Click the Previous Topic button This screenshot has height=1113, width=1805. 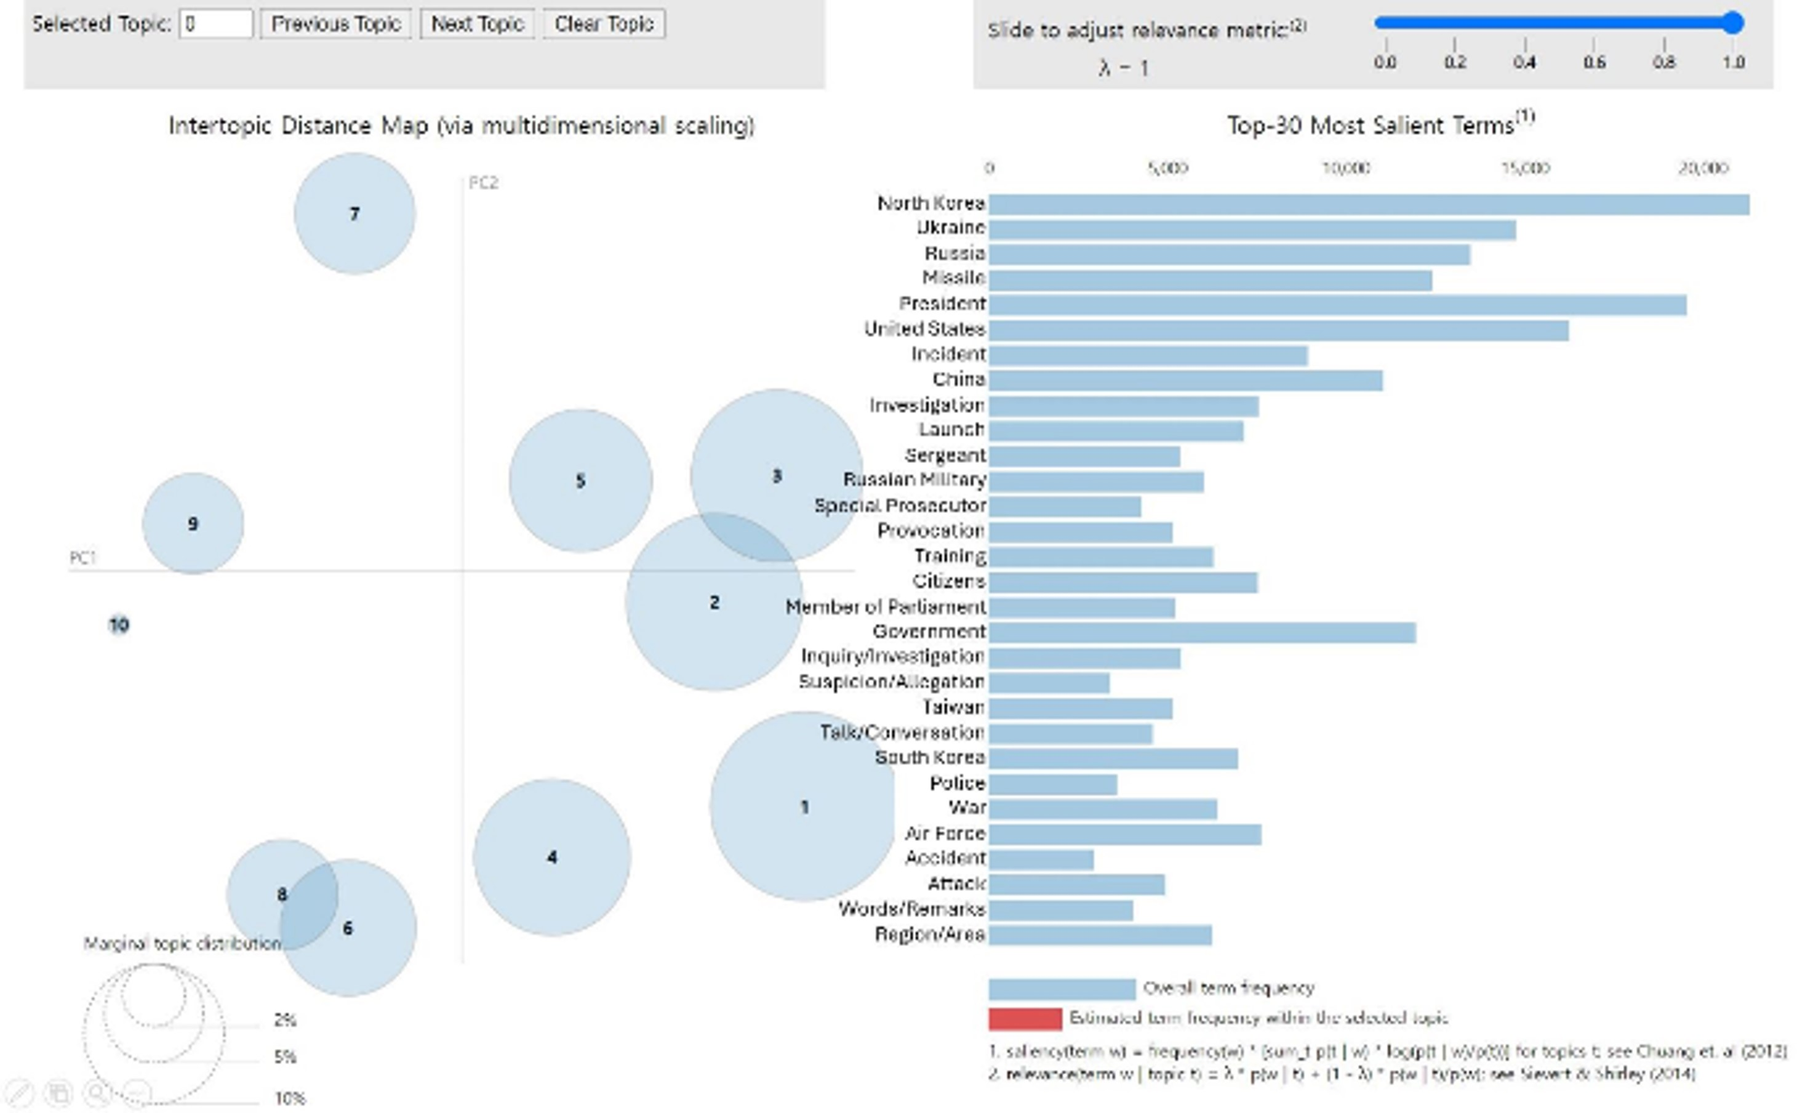tap(335, 24)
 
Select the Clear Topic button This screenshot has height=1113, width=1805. tap(603, 24)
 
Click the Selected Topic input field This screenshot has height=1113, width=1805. tap(215, 24)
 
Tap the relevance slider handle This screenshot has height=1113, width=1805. tap(1733, 23)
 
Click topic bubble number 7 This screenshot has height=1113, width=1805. tap(354, 214)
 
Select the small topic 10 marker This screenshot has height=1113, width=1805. tap(119, 624)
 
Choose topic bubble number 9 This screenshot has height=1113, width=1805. tap(193, 523)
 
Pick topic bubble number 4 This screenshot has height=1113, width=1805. tap(552, 857)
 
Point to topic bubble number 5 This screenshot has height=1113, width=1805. tap(580, 481)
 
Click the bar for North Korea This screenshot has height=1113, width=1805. tap(1369, 204)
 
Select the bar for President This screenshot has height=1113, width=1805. tap(1337, 304)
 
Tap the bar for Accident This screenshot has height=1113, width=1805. tap(1041, 859)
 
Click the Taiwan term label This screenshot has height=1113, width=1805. tap(954, 707)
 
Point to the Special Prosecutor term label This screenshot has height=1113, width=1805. tap(899, 505)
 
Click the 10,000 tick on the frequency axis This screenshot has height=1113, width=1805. tap(1345, 169)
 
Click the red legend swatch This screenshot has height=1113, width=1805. tap(1024, 1018)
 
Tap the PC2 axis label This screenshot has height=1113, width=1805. tap(484, 183)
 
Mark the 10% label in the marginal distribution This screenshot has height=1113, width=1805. tap(289, 1098)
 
